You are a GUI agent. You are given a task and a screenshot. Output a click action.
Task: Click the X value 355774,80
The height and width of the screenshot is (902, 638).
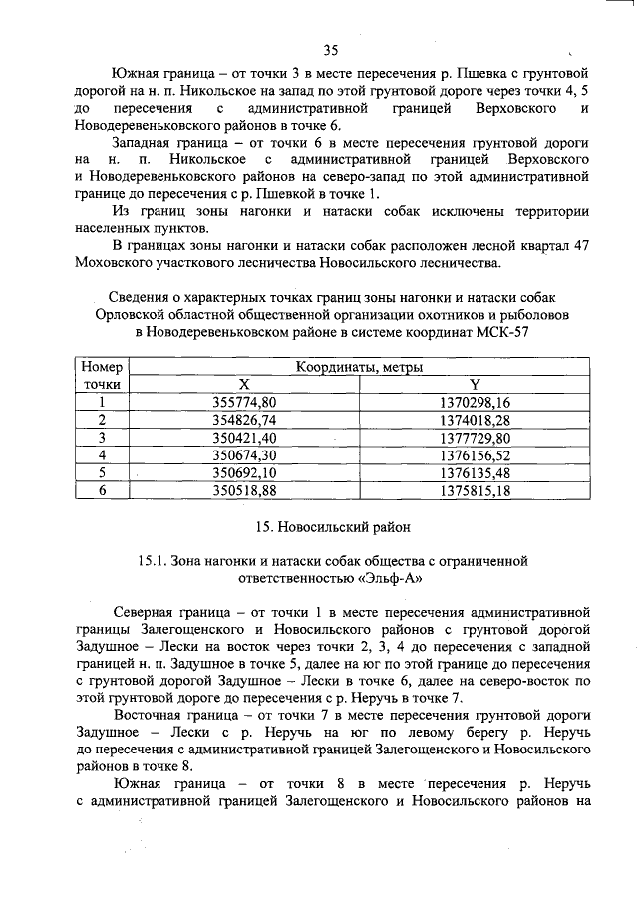[x=244, y=402]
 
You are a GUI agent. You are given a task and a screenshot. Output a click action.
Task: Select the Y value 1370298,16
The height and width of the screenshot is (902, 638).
[x=474, y=402]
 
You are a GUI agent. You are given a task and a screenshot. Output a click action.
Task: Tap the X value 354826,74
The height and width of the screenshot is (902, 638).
[x=244, y=420]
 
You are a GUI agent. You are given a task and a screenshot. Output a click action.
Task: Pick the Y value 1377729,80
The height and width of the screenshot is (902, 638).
[x=474, y=438]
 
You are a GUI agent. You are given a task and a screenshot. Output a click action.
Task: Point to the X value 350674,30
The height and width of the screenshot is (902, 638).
[x=244, y=455]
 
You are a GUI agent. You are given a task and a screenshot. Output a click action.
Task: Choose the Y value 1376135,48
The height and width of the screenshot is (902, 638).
[x=474, y=473]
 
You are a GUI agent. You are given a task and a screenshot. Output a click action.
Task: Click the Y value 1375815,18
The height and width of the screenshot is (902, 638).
[x=474, y=491]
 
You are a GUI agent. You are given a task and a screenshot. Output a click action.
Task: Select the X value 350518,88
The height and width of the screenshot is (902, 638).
[x=244, y=491]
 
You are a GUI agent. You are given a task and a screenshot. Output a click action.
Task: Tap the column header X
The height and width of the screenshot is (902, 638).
[x=244, y=384]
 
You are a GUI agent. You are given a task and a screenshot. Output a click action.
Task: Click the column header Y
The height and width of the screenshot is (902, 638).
[x=474, y=384]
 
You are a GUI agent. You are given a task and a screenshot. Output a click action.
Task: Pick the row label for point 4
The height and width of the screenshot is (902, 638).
[x=101, y=455]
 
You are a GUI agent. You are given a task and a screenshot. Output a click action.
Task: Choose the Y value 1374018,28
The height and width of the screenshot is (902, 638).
[x=474, y=420]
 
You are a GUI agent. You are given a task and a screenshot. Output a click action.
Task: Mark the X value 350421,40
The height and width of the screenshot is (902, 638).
[x=244, y=438]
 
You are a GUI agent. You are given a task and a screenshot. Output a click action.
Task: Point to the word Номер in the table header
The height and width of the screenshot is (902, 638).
[x=101, y=367]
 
